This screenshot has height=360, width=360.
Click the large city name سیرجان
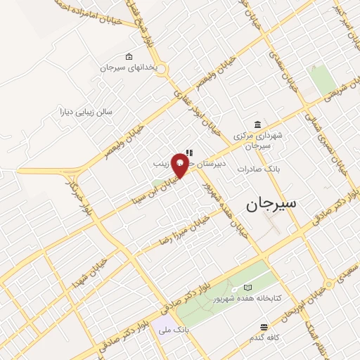(272, 205)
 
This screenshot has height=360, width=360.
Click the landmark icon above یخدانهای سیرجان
(128, 56)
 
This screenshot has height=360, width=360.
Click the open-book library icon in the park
(247, 288)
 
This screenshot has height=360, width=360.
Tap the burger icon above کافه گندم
(264, 327)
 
